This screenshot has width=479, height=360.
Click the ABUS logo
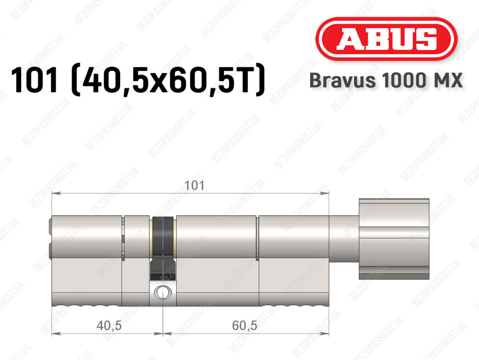point(386,39)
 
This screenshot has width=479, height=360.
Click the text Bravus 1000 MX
point(386,81)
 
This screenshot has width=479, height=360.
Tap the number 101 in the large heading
point(34,80)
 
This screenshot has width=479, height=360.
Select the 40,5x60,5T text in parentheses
point(168,81)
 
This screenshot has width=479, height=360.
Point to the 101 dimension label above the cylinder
point(195,185)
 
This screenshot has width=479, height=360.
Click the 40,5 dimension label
point(109,325)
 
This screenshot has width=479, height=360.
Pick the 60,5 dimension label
point(244,325)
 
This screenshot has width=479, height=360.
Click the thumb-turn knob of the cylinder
point(394,239)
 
